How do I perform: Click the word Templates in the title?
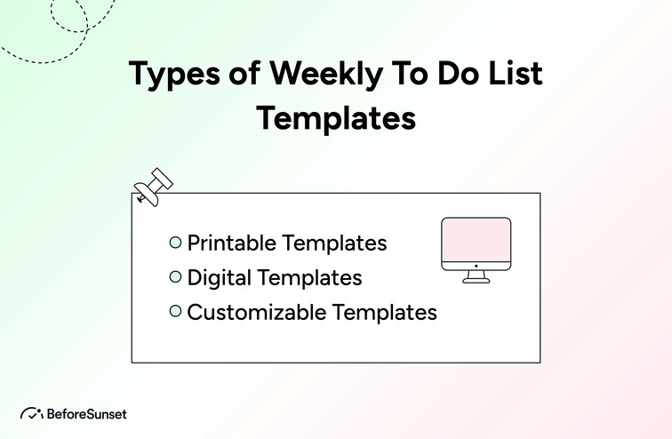click(336, 117)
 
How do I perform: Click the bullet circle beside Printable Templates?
click(175, 242)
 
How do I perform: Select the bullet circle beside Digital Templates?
click(175, 277)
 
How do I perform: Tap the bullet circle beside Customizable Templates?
click(175, 311)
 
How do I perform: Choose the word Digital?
click(219, 278)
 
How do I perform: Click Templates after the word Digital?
click(309, 278)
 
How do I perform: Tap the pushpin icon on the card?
click(153, 186)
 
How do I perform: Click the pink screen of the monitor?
click(476, 241)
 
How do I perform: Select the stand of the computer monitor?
click(476, 276)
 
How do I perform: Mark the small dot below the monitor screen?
click(476, 265)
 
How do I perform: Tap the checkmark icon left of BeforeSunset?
click(32, 413)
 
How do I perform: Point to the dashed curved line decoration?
click(53, 53)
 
